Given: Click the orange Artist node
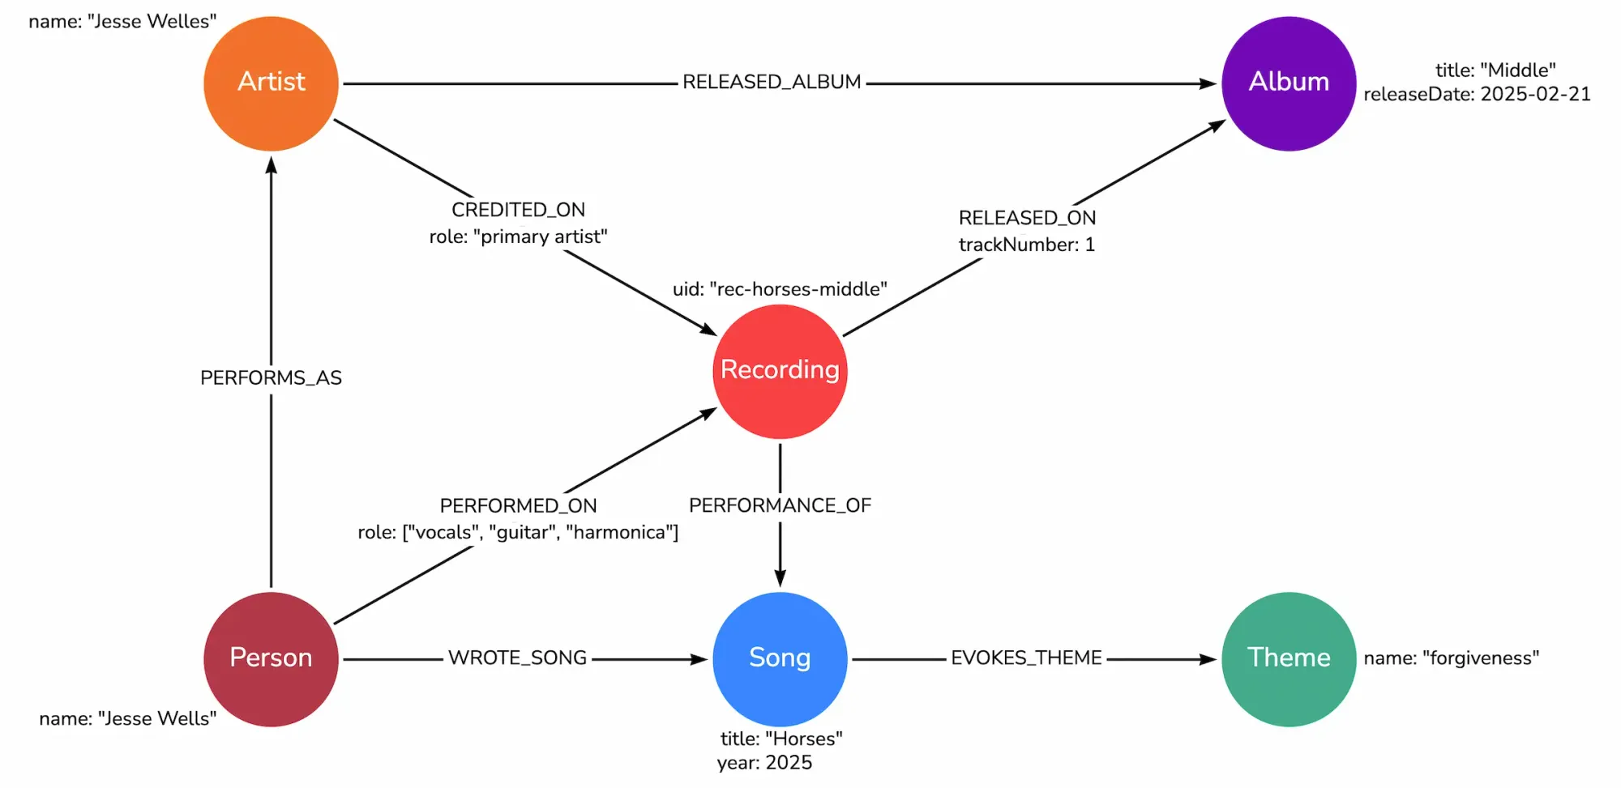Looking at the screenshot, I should [271, 83].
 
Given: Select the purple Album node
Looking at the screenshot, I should [1289, 83].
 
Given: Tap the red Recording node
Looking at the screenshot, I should [780, 371].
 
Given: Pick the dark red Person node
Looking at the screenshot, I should [271, 658].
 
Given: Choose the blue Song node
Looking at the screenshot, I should [780, 658].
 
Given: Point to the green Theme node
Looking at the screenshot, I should [1289, 658].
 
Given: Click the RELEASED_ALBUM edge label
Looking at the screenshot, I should [772, 83].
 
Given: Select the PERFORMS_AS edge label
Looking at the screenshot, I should [271, 378].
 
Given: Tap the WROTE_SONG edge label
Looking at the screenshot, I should [517, 658].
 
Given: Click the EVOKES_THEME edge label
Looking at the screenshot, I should [1026, 658].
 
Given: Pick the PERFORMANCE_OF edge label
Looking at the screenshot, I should [780, 505].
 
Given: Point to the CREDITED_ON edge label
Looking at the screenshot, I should [518, 210].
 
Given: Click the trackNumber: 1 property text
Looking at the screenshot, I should [1027, 245].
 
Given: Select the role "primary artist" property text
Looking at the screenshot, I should [518, 236].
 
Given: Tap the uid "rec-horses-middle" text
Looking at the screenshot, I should [780, 289].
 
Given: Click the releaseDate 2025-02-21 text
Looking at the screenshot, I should [1477, 95].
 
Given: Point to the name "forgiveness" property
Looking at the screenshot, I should [1451, 658].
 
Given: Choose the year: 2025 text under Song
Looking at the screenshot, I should [764, 763].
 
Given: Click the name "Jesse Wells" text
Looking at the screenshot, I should [128, 719].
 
